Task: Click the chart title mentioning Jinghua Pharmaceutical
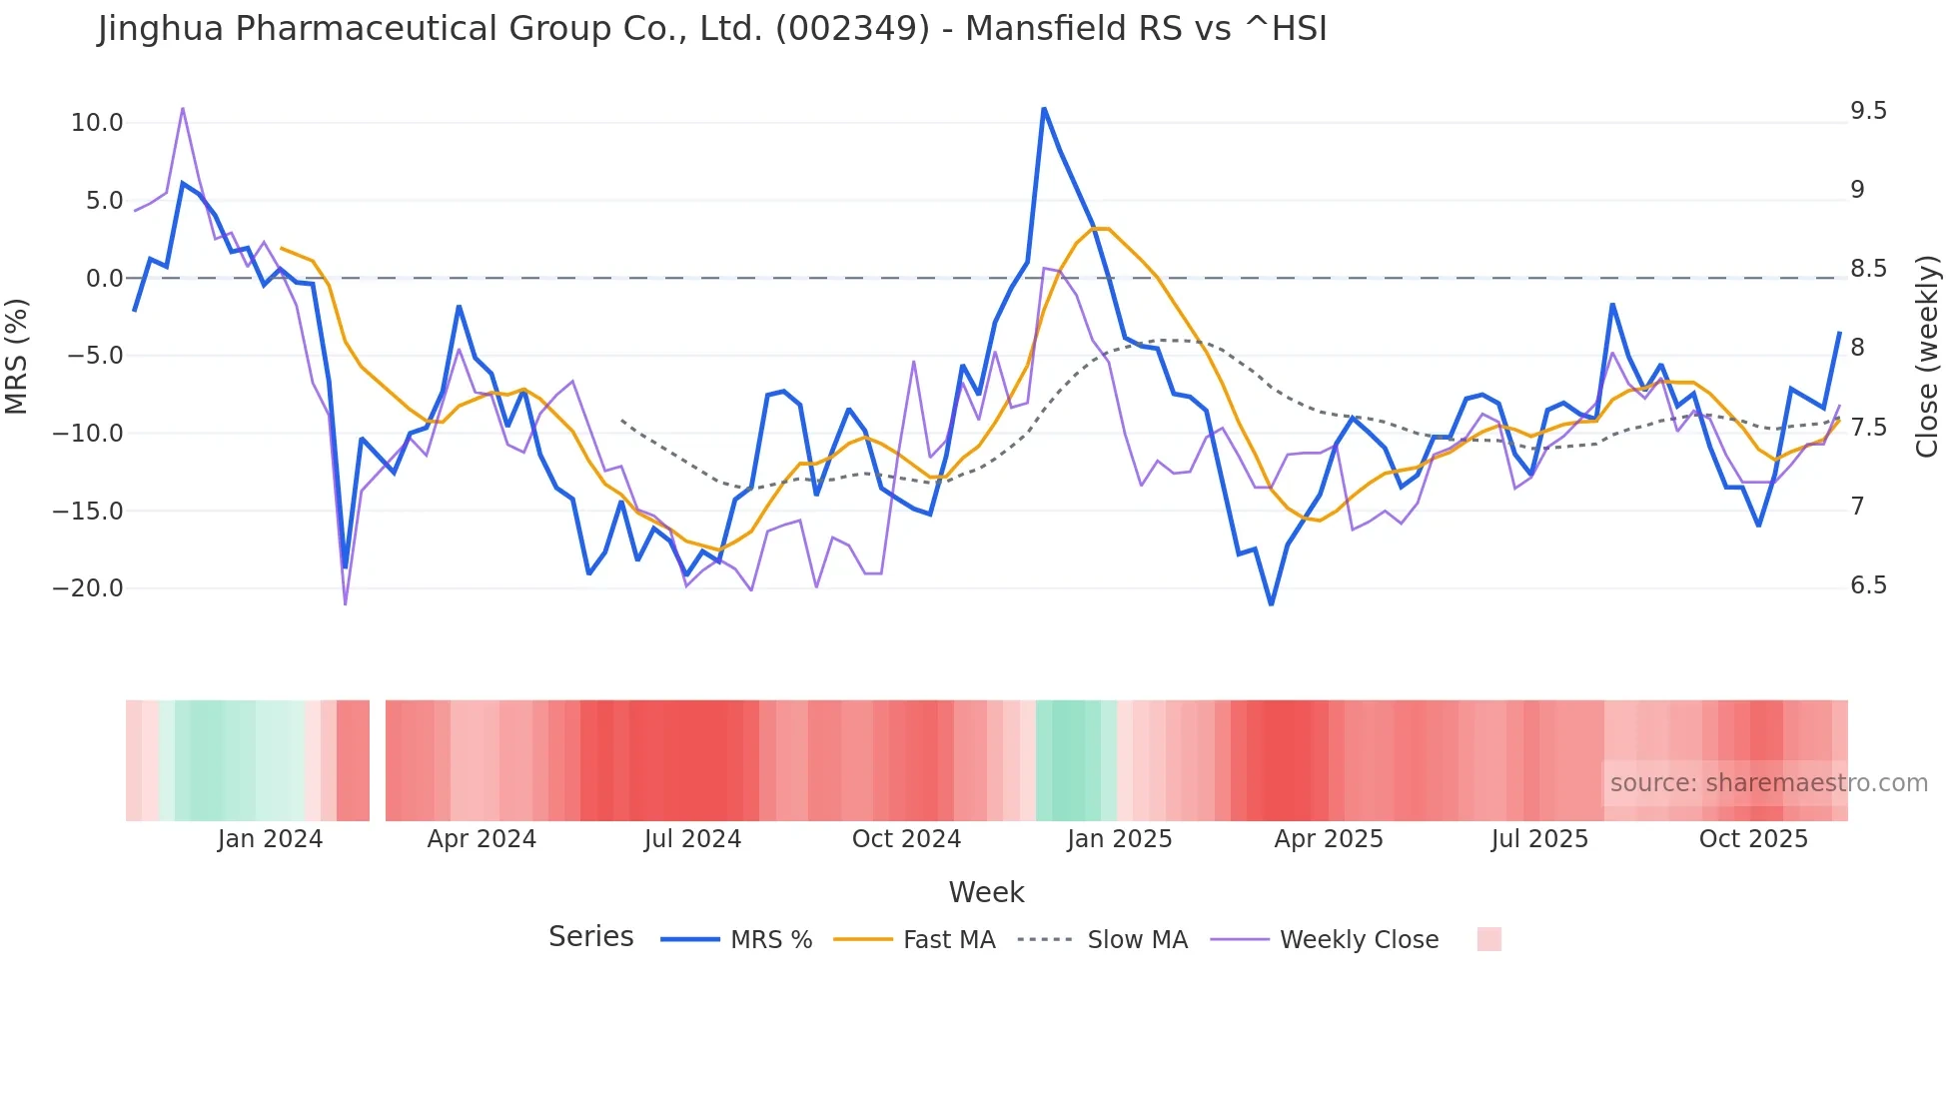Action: pyautogui.click(x=712, y=29)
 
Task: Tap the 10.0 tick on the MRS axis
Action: pyautogui.click(x=96, y=123)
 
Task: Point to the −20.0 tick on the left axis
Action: pyautogui.click(x=88, y=588)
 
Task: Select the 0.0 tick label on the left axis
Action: pyautogui.click(x=104, y=279)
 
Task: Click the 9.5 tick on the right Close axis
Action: pyautogui.click(x=1868, y=111)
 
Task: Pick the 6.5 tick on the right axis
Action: pyautogui.click(x=1868, y=585)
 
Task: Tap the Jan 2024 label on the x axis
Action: pyautogui.click(x=270, y=839)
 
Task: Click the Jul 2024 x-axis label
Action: pyautogui.click(x=692, y=839)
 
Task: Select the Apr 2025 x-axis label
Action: pyautogui.click(x=1329, y=839)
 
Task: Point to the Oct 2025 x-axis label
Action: pyautogui.click(x=1753, y=839)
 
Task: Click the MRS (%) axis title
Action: pyautogui.click(x=17, y=356)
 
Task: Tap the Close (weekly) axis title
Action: pyautogui.click(x=1927, y=356)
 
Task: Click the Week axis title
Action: pyautogui.click(x=986, y=892)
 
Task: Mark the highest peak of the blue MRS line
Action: pyautogui.click(x=1044, y=109)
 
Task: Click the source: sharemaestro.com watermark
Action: pyautogui.click(x=1768, y=783)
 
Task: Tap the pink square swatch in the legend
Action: pyautogui.click(x=1488, y=939)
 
